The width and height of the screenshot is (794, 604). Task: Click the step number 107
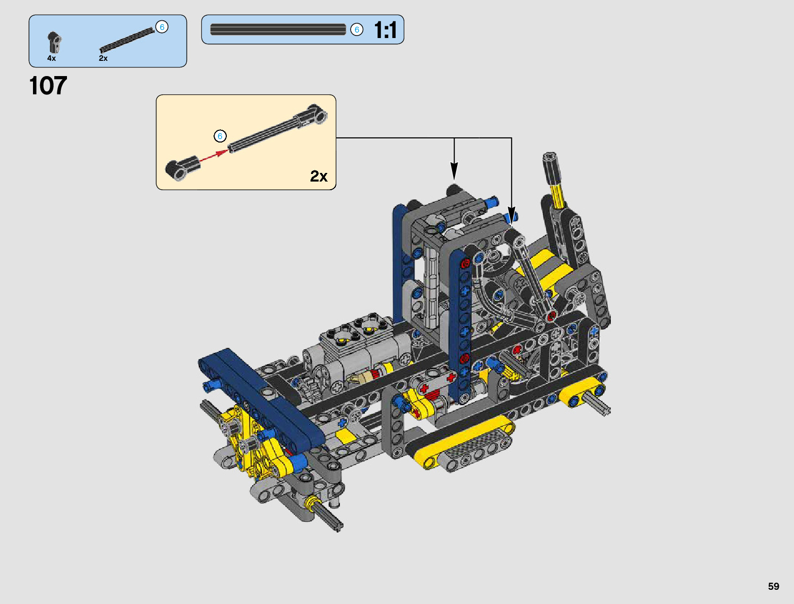48,86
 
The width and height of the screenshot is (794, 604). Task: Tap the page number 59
773,586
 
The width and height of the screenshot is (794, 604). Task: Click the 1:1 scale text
385,29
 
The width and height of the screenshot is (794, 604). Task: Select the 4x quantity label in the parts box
51,58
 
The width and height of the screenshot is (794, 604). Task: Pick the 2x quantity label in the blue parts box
103,58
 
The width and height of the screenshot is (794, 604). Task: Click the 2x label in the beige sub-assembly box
319,176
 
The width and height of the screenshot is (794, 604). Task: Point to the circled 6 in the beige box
220,136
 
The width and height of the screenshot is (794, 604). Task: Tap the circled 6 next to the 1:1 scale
357,29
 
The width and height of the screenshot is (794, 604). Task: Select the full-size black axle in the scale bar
278,29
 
